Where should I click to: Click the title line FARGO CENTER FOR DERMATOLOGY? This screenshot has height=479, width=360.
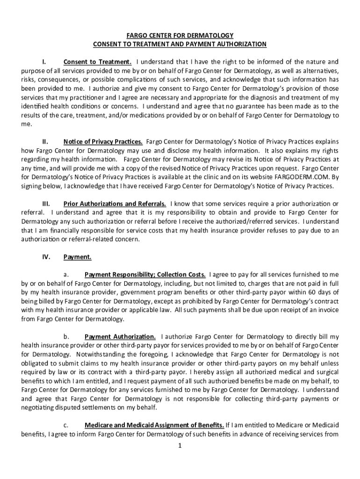tap(180, 36)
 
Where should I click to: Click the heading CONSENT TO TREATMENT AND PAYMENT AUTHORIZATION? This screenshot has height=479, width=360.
tap(180, 44)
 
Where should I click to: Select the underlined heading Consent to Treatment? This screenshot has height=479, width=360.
tap(97, 62)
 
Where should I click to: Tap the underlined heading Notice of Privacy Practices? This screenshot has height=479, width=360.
tap(103, 141)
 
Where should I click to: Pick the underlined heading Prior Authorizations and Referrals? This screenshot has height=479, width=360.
tap(115, 204)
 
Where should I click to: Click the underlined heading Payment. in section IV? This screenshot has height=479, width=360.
tap(78, 257)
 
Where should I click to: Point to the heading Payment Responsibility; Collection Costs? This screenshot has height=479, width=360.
tap(145, 274)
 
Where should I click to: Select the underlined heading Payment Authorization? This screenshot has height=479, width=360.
tap(120, 336)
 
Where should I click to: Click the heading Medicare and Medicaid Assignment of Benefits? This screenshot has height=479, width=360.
tap(154, 425)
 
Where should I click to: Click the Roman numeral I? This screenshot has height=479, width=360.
tap(43, 62)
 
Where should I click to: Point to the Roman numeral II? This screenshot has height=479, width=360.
tap(45, 141)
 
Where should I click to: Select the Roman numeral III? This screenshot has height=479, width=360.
tap(46, 204)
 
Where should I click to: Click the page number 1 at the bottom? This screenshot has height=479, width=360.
tap(180, 445)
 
